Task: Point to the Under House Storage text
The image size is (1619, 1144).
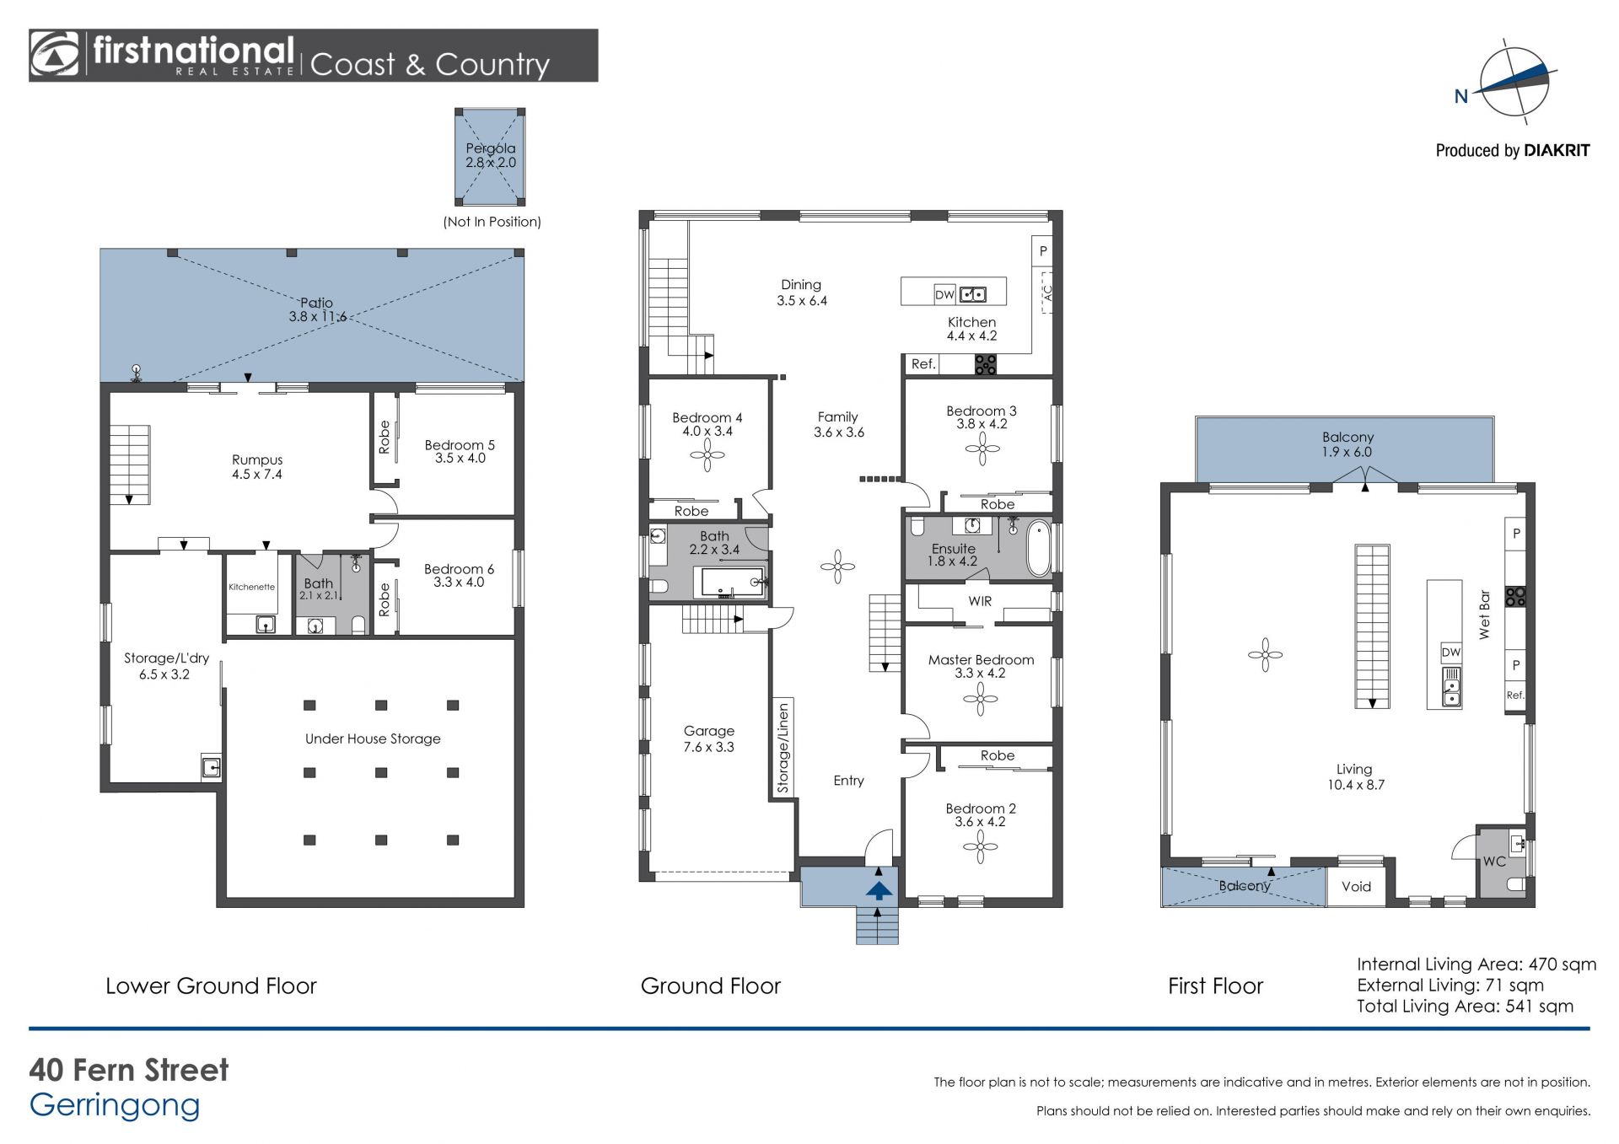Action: tap(373, 738)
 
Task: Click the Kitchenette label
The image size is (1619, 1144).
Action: tap(251, 587)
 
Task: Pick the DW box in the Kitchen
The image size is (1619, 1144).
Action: tap(944, 294)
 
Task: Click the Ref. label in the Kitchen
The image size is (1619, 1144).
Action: tap(923, 364)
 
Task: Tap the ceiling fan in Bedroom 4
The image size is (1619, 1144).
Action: tap(707, 457)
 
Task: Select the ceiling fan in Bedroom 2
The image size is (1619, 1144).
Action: tap(980, 846)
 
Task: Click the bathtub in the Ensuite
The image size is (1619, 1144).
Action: tap(1039, 549)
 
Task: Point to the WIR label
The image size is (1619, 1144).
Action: tap(980, 601)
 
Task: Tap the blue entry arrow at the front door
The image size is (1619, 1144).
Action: tap(879, 890)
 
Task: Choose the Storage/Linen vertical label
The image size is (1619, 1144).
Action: tap(783, 749)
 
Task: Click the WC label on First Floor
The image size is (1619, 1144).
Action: tap(1494, 862)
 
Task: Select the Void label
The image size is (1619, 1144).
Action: tap(1356, 886)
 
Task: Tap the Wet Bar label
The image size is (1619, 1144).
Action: tap(1484, 614)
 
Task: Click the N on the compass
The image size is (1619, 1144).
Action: tap(1461, 96)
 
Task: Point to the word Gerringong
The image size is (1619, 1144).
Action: tap(115, 1106)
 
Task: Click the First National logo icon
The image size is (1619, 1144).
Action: tap(55, 56)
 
